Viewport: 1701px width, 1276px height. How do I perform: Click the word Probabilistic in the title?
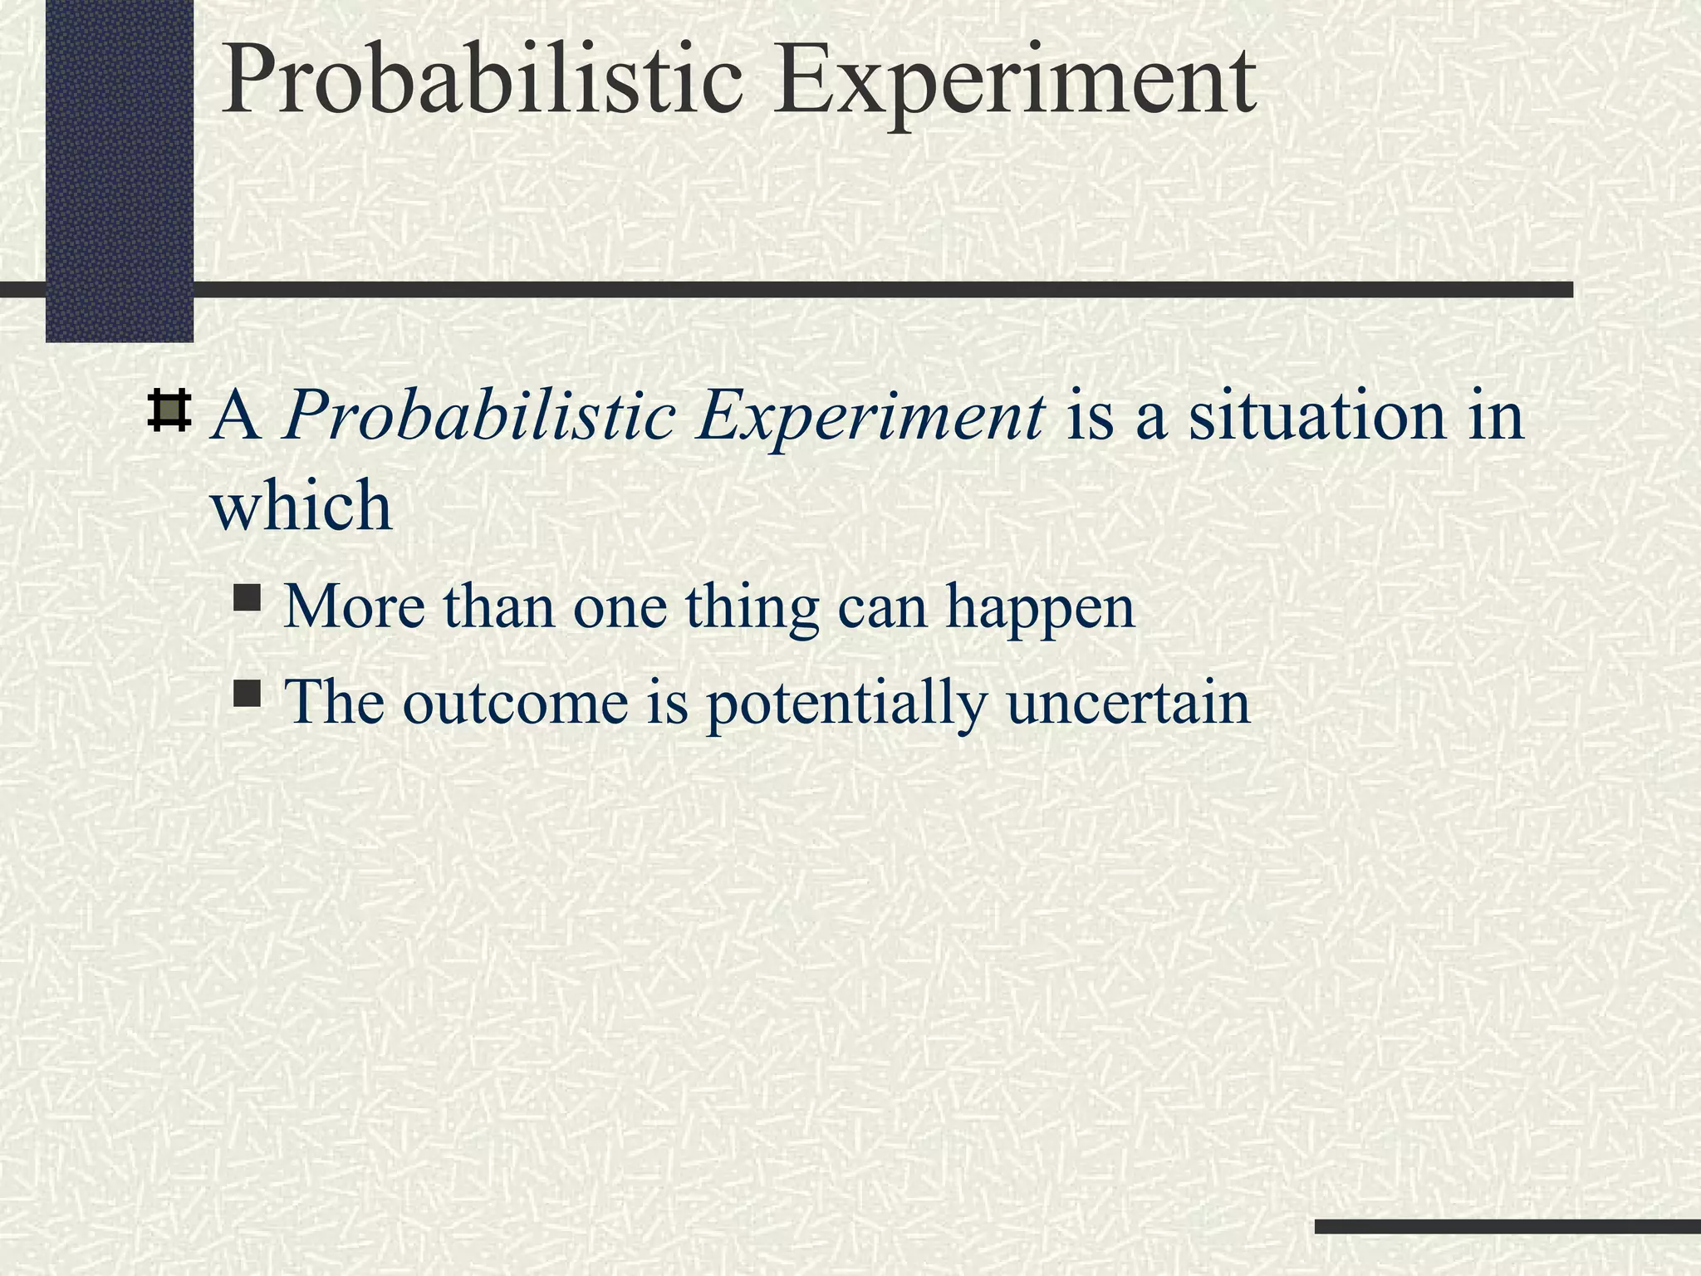point(481,81)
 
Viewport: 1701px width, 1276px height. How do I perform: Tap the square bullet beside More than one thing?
point(248,598)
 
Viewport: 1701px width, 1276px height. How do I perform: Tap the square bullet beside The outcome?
point(248,694)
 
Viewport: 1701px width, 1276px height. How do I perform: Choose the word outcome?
point(515,702)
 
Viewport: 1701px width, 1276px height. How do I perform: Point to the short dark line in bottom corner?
point(1507,1226)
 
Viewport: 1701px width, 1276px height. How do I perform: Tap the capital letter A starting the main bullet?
point(236,415)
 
